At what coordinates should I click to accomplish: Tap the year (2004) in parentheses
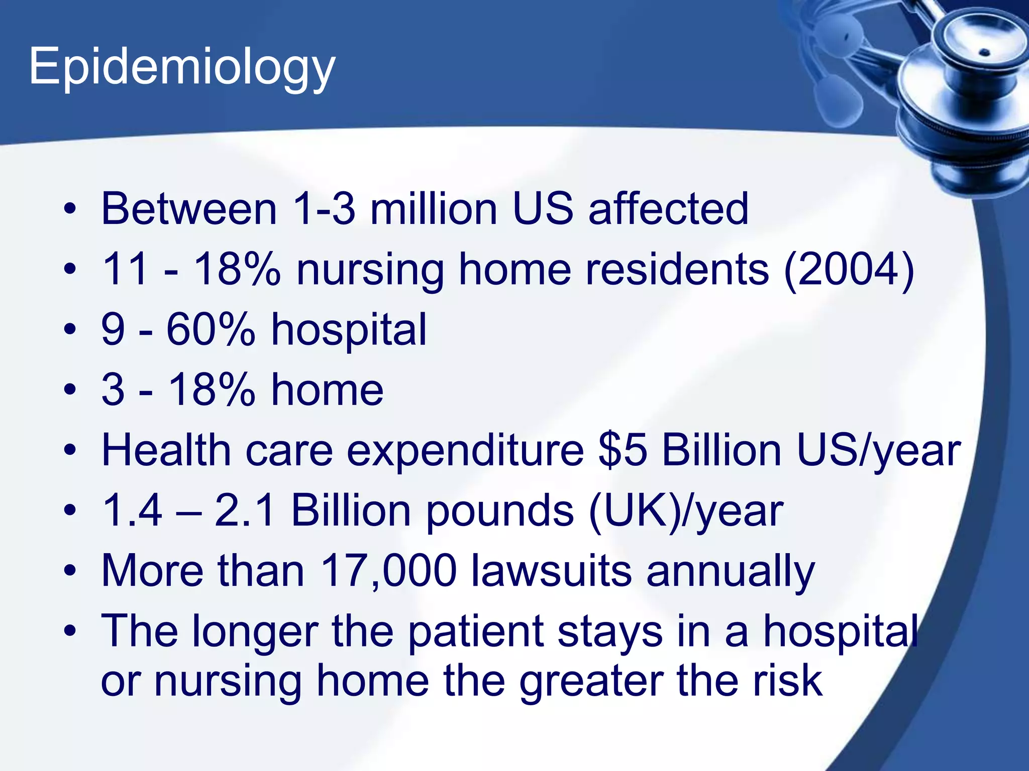(x=849, y=270)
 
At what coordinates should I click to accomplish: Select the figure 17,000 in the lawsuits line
(x=388, y=571)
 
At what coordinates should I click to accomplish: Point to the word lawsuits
(x=551, y=571)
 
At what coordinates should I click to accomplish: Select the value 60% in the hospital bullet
(x=211, y=329)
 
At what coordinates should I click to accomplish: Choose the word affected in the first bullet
(x=668, y=209)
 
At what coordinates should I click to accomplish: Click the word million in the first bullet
(x=433, y=209)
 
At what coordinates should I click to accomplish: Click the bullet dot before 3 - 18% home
(x=70, y=390)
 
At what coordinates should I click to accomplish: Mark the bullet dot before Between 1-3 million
(x=70, y=209)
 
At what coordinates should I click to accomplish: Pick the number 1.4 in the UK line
(x=132, y=510)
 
